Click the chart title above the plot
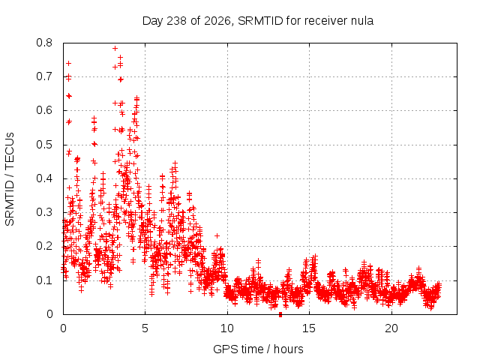point(258,21)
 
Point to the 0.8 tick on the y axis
point(44,43)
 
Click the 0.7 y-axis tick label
point(44,76)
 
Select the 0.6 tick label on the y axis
point(44,110)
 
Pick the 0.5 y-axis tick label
point(44,145)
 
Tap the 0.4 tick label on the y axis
point(44,178)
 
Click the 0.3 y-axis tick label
point(44,212)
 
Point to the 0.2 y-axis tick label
point(44,246)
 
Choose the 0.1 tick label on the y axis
point(44,280)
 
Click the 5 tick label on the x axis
point(145,328)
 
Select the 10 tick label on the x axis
point(227,328)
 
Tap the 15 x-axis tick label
point(309,328)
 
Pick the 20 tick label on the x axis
point(391,328)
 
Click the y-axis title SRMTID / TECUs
point(10,179)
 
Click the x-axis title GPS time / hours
point(258,349)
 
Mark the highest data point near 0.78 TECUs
point(115,48)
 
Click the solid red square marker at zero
point(280,315)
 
